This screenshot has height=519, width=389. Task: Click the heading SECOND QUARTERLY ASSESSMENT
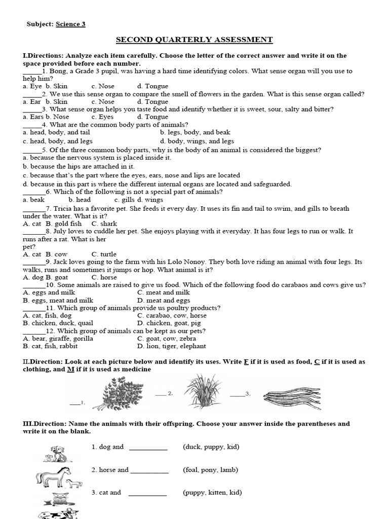[194, 40]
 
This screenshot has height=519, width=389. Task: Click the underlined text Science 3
[70, 24]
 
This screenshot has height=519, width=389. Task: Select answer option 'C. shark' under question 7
[104, 224]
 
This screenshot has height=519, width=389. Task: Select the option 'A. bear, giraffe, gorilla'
[58, 339]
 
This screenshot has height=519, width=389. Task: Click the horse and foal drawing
[59, 477]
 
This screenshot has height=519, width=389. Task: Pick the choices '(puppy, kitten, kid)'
[212, 492]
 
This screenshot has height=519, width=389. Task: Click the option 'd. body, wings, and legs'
[197, 141]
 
